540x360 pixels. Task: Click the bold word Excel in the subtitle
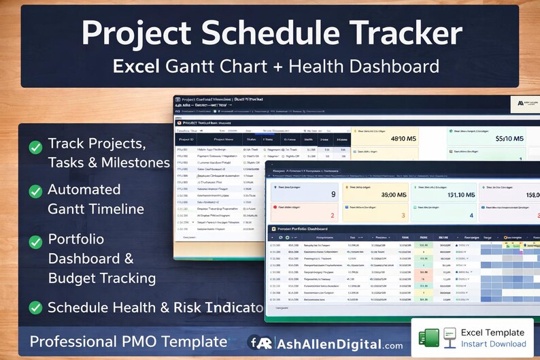point(139,67)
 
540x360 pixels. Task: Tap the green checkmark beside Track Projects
point(35,147)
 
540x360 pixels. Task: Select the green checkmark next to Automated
point(35,192)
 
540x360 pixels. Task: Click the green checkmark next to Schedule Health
point(35,308)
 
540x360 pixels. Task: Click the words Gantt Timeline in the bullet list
point(96,209)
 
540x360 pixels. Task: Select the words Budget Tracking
point(102,278)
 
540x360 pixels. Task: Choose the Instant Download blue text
point(493,344)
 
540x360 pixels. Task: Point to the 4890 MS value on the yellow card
point(403,139)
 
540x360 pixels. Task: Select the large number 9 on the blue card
point(333,194)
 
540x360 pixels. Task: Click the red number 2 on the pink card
point(333,216)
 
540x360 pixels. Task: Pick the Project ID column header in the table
point(187,138)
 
